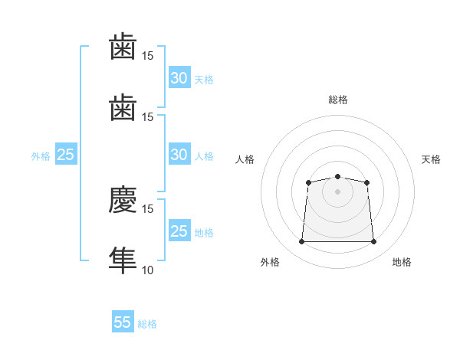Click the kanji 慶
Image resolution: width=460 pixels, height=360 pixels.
pos(123,199)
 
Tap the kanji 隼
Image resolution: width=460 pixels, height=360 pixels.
pos(123,260)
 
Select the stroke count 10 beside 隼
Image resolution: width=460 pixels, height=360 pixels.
pos(147,270)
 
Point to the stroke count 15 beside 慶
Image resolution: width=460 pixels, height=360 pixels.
pos(147,209)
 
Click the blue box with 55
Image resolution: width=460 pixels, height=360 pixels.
pos(123,321)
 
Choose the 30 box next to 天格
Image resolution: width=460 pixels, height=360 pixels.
pos(179,77)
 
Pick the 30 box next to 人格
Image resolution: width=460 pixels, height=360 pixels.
pos(179,154)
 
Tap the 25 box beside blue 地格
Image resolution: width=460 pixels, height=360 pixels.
pos(179,230)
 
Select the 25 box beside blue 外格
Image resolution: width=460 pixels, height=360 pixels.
pos(66,154)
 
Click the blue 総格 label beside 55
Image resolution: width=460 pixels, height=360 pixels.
pos(147,324)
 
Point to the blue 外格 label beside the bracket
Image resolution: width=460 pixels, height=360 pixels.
pos(41,156)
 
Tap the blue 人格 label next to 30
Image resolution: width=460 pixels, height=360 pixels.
pos(204,156)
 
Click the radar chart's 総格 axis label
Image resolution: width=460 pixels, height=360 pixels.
pos(338,100)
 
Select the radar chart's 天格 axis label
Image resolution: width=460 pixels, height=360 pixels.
pos(431,159)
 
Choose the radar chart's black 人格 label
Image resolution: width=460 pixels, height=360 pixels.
pos(245,159)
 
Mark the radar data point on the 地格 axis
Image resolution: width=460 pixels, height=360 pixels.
pos(373,241)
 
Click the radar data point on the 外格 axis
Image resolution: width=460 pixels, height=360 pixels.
pos(301,241)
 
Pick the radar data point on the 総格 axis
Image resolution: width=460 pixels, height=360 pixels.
pos(337,176)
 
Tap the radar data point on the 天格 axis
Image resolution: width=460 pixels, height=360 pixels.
pos(366,182)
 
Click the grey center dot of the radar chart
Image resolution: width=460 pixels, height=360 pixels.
pos(337,191)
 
